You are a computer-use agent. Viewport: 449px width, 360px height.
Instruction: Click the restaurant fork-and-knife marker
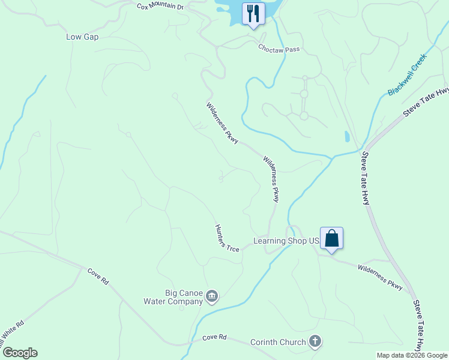(x=253, y=13)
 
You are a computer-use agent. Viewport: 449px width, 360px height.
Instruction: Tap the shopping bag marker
(x=331, y=239)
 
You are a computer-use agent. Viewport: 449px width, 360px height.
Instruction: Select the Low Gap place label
(x=82, y=37)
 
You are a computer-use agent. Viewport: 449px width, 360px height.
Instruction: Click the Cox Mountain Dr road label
(x=160, y=7)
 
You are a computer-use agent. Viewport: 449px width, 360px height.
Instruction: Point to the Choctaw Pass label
(x=279, y=48)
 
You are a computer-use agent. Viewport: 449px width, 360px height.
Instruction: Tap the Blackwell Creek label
(x=406, y=74)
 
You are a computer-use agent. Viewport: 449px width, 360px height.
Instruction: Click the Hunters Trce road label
(x=228, y=238)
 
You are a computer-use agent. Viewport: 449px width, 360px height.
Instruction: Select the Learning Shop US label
(x=285, y=241)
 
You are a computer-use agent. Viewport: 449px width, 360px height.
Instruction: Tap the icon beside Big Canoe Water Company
(x=211, y=296)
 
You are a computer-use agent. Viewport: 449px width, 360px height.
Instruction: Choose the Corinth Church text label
(x=278, y=343)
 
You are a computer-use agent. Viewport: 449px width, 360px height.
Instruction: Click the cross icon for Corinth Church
(x=315, y=343)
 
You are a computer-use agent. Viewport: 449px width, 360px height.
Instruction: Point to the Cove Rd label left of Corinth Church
(x=214, y=338)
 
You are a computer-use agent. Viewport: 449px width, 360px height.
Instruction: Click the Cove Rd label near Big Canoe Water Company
(x=97, y=276)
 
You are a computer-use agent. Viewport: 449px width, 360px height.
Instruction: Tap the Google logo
(x=20, y=353)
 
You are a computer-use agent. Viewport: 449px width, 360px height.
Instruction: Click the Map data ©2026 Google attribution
(x=411, y=355)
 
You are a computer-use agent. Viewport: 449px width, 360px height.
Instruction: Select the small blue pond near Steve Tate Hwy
(x=348, y=136)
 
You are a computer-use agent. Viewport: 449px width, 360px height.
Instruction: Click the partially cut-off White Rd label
(x=12, y=334)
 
